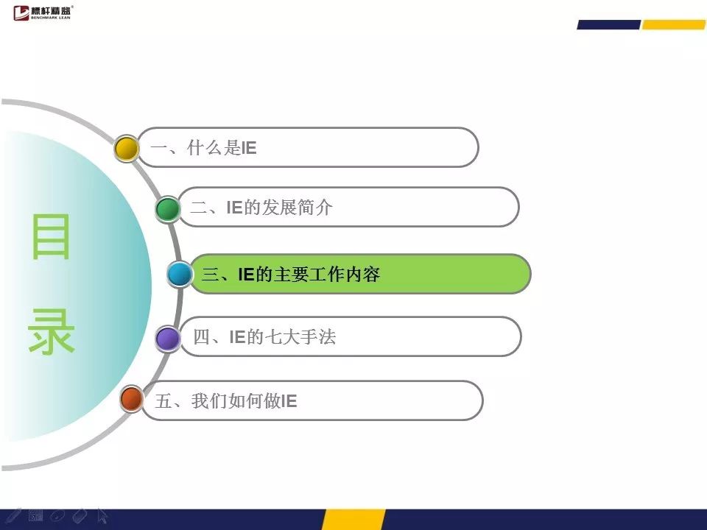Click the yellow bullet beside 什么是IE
[126, 148]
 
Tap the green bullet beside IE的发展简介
[168, 208]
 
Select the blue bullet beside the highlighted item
[180, 274]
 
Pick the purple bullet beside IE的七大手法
[168, 339]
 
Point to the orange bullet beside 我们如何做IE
[132, 399]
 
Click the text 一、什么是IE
[203, 148]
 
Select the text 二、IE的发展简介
[261, 208]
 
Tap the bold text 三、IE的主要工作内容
[291, 274]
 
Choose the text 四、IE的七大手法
[264, 337]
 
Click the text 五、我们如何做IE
[226, 400]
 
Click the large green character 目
[51, 236]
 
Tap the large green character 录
[51, 331]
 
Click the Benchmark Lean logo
[43, 13]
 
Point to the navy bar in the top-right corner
[609, 25]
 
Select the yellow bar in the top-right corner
[674, 25]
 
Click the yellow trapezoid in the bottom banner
[353, 520]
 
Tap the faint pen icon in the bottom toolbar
[13, 515]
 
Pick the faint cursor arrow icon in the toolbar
[102, 516]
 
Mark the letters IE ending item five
[289, 401]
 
